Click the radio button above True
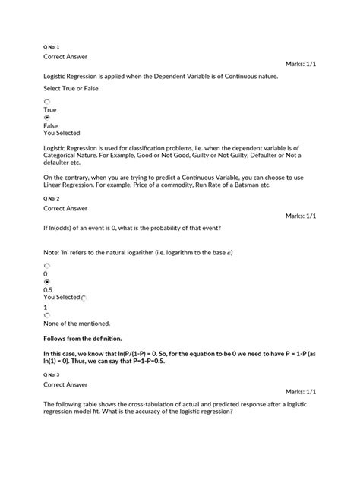click(x=47, y=101)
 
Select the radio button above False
click(x=47, y=118)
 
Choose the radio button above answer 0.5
click(x=47, y=281)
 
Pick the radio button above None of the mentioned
click(x=47, y=314)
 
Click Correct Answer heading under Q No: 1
click(x=66, y=56)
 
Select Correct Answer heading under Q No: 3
click(x=66, y=385)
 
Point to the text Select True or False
click(x=71, y=89)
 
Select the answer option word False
click(x=51, y=125)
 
